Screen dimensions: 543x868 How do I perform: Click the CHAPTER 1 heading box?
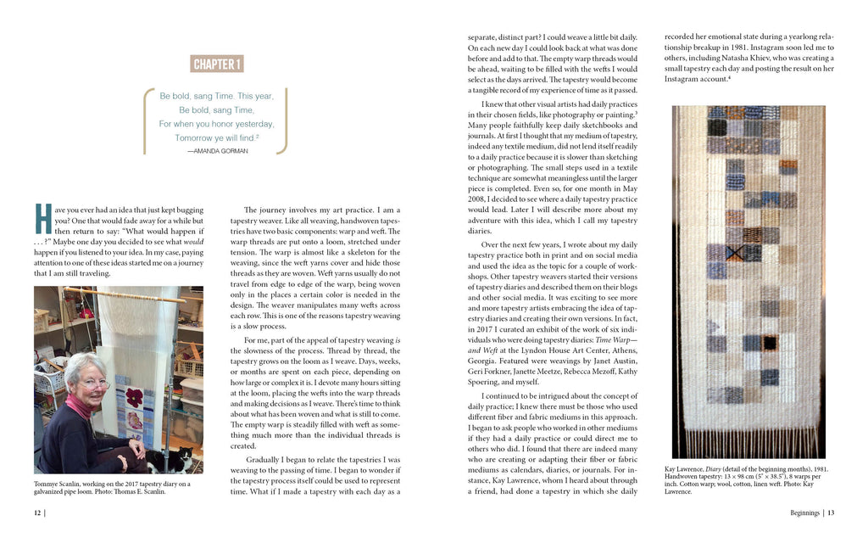pyautogui.click(x=218, y=64)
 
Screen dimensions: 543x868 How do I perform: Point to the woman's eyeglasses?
pyautogui.click(x=94, y=383)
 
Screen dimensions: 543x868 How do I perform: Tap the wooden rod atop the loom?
pyautogui.click(x=136, y=298)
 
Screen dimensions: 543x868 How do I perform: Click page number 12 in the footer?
pyautogui.click(x=38, y=512)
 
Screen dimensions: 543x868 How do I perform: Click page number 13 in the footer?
pyautogui.click(x=832, y=512)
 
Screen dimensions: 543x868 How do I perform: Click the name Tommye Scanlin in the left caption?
pyautogui.click(x=58, y=484)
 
